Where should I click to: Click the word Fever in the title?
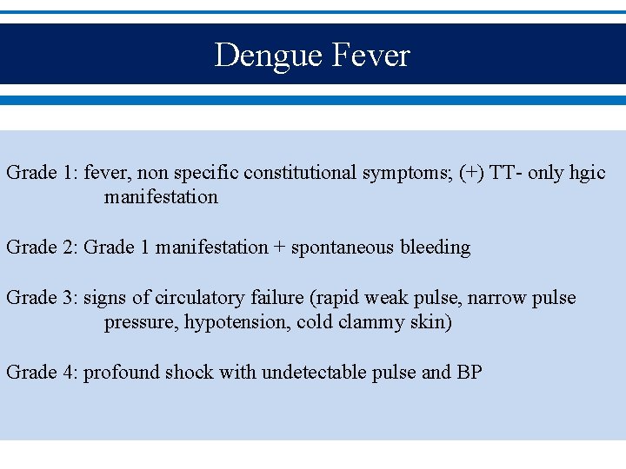tap(370, 56)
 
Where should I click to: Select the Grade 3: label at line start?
tap(42, 298)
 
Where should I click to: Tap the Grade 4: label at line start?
tap(42, 373)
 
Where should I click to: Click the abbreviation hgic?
tap(586, 172)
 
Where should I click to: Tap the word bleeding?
tap(435, 248)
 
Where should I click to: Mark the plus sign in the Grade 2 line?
tap(279, 248)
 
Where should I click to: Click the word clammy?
tap(373, 322)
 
